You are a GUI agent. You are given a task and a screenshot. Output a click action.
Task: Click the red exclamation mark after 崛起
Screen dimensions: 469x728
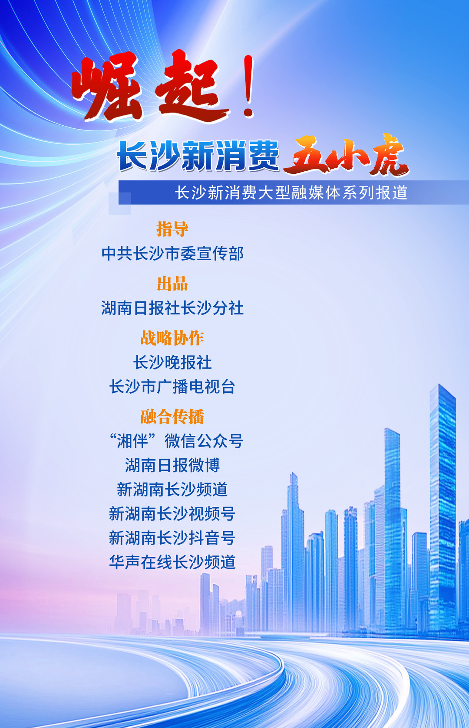click(249, 86)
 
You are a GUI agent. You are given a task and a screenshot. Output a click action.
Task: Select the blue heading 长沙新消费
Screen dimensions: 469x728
click(198, 156)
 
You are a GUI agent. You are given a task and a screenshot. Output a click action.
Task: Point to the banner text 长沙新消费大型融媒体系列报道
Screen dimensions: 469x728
click(291, 193)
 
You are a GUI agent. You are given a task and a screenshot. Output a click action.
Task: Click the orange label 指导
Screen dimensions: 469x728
click(172, 229)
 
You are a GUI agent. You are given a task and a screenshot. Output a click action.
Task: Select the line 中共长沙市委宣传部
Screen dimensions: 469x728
click(172, 254)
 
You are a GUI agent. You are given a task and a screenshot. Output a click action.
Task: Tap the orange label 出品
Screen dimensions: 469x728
click(172, 284)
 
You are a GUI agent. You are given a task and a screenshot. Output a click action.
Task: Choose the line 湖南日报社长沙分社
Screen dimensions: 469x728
click(172, 308)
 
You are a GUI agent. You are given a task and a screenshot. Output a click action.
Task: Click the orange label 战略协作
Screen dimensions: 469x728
click(172, 338)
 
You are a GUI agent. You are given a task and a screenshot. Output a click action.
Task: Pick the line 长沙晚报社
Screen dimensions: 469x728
click(172, 362)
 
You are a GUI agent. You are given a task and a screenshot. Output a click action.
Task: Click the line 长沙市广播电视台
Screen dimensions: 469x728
click(172, 387)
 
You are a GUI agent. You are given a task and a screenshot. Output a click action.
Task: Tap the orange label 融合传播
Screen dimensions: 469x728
click(172, 417)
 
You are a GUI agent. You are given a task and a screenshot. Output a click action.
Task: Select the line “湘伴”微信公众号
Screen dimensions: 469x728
click(176, 441)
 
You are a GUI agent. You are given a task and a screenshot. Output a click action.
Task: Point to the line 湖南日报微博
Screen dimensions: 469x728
click(172, 465)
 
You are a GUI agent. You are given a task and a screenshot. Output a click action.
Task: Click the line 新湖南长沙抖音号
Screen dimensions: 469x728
click(172, 538)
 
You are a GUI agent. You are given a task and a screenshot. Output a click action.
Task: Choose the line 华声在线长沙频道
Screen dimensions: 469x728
click(172, 562)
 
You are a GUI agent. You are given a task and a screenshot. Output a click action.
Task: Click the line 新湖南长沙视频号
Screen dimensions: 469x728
click(172, 514)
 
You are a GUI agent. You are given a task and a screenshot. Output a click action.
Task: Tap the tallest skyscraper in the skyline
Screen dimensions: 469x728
click(443, 507)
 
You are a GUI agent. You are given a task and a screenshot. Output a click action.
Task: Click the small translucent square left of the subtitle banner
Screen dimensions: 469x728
click(120, 203)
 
